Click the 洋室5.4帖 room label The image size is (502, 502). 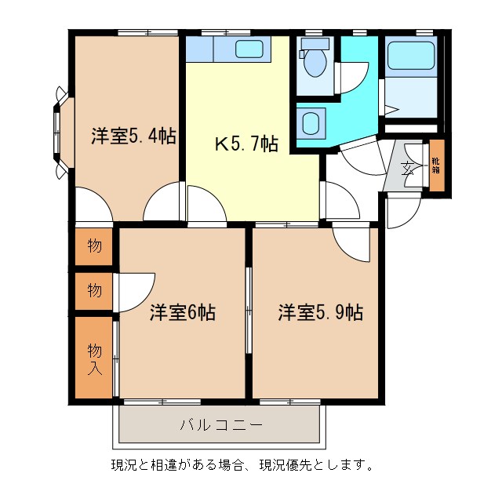click(133, 136)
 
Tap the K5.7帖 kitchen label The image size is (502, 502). click(246, 144)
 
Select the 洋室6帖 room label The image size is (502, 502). click(183, 312)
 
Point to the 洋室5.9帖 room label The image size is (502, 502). click(320, 312)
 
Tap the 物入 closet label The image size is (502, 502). click(94, 358)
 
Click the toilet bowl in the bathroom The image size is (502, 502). click(316, 64)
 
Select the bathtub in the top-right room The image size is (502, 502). click(410, 56)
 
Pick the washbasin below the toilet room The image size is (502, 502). click(311, 123)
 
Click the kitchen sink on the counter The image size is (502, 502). click(250, 50)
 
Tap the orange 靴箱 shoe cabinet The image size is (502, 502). click(436, 166)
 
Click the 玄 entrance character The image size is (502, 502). click(408, 168)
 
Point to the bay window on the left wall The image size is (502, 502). click(59, 132)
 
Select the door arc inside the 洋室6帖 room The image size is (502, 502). click(136, 290)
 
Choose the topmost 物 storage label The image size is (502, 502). click(94, 246)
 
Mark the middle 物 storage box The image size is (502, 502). click(94, 291)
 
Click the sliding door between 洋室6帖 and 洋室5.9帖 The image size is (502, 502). click(248, 311)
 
